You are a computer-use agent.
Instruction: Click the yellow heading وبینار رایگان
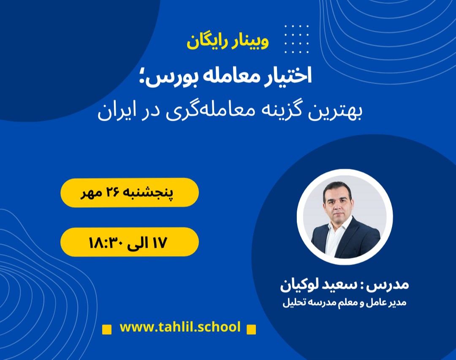228,43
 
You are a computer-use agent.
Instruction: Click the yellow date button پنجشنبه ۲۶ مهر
129,192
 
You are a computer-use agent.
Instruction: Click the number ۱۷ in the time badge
158,242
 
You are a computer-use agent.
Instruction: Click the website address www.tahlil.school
180,327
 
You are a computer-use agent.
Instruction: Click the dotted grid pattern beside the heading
297,39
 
